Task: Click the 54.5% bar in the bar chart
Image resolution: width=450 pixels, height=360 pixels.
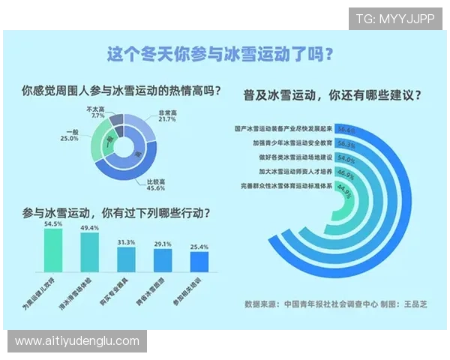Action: [54, 251]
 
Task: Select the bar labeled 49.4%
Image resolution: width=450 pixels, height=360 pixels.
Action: [90, 254]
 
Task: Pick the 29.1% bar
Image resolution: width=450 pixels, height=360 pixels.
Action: [163, 261]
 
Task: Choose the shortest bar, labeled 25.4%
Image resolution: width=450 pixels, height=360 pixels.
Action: [199, 262]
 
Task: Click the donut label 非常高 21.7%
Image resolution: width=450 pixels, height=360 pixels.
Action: [166, 115]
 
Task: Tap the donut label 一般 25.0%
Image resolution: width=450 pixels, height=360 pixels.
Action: [70, 136]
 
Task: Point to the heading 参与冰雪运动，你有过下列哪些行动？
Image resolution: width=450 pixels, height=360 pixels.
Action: [116, 213]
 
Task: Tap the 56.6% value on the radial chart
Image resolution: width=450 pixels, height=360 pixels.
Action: [346, 129]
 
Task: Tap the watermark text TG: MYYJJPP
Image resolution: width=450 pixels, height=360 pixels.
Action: [395, 19]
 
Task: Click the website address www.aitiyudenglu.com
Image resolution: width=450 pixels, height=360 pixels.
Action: [76, 341]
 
